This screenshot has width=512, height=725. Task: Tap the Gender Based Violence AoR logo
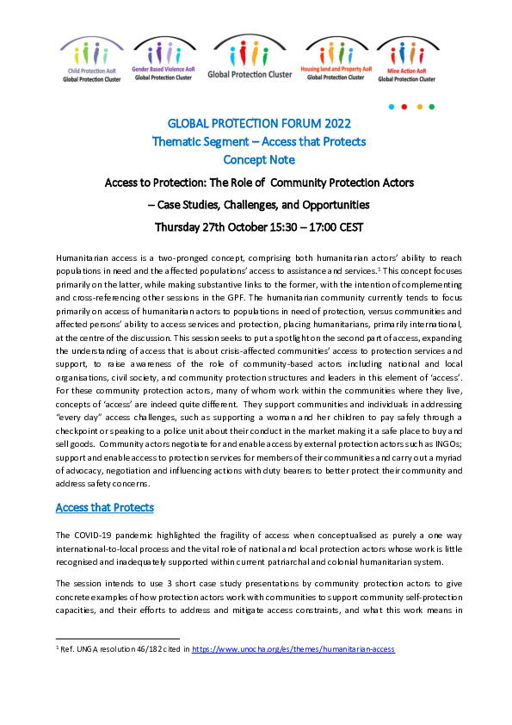(x=163, y=60)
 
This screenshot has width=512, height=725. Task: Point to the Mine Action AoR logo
(x=406, y=60)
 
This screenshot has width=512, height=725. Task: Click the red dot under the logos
(x=404, y=108)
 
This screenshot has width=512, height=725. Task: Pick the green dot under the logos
(x=433, y=108)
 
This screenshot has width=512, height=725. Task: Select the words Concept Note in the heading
(x=258, y=160)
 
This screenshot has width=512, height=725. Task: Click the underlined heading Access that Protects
(x=105, y=508)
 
